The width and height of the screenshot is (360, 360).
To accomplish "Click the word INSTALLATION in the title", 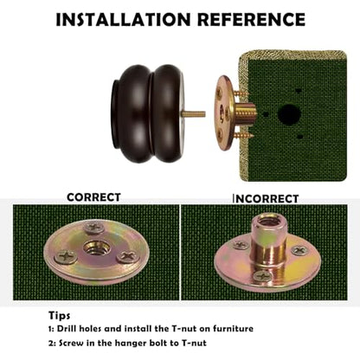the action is pos(123,20).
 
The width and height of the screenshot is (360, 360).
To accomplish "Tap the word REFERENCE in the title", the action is pos(251,20).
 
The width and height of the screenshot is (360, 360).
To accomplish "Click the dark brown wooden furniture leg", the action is pos(148,113).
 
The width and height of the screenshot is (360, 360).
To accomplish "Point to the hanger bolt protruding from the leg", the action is pos(193,114).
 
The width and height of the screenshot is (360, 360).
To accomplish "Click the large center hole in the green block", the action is pos(289,114).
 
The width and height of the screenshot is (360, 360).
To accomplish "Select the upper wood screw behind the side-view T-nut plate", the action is pos(241,93).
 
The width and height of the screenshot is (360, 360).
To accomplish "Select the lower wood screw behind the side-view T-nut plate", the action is pos(243,135).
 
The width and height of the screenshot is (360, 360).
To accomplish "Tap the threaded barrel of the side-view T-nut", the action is pos(245,114).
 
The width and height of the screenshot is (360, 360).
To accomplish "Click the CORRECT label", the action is pos(93,197).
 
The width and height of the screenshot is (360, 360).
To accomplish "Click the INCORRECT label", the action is pos(266,198).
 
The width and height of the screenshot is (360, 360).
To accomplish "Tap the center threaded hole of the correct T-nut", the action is pos(96,247).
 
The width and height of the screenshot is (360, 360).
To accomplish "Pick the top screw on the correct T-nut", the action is pos(93,228).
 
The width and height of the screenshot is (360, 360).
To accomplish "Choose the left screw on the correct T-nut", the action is pos(66,256).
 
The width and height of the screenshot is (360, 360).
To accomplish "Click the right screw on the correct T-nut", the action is pos(127,256).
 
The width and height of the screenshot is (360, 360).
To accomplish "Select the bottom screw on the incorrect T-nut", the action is pos(262,276).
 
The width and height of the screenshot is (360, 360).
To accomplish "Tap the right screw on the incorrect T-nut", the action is pos(300,250).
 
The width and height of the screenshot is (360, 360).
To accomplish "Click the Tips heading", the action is pos(59,315).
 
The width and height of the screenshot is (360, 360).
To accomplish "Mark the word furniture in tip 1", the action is pos(233,329).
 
